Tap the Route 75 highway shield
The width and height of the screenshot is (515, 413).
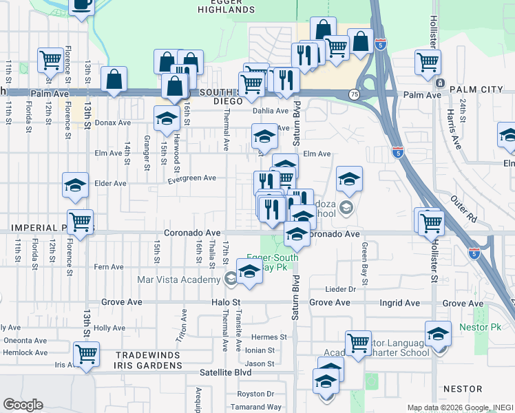353,94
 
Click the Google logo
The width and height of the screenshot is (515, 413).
23,405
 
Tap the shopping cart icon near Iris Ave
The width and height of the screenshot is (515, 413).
86,354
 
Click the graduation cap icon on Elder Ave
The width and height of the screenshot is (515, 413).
75,184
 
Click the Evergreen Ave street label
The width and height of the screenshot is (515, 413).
192,178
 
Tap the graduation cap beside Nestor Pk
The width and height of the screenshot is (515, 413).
438,335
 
